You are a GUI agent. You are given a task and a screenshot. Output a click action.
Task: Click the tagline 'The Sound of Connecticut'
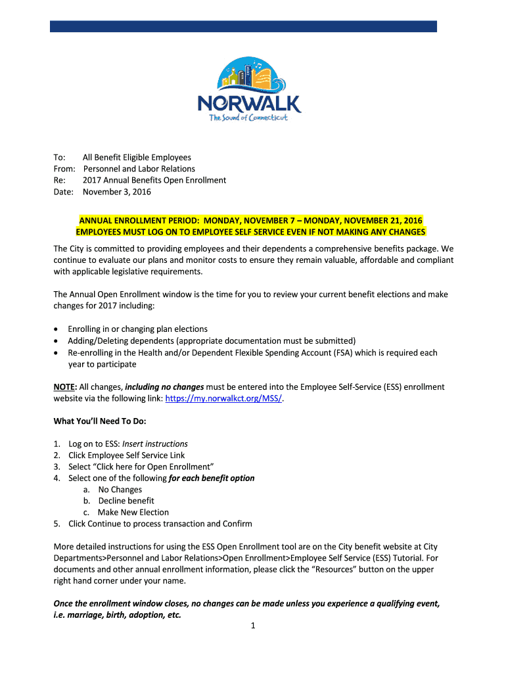248,118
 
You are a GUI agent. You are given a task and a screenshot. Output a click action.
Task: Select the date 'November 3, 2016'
117,192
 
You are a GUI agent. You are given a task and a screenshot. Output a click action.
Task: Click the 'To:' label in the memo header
59,158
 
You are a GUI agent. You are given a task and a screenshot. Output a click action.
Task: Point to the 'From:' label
64,169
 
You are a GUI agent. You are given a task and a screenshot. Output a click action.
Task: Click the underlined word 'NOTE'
64,387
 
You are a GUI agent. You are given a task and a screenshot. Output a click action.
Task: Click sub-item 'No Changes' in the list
120,490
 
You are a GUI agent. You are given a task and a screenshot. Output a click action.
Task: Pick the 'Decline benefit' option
126,501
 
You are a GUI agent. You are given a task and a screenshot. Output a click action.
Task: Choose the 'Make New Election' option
133,513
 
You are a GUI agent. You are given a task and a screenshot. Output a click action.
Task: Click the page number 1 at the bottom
252,626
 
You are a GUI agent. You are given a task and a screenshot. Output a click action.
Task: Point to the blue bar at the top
244,26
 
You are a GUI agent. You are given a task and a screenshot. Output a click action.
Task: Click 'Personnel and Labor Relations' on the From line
139,169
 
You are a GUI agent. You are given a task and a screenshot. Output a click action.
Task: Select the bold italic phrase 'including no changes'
164,387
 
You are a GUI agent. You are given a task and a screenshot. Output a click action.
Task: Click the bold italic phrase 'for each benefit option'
212,478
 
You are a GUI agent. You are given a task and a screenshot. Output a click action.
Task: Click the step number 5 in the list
57,524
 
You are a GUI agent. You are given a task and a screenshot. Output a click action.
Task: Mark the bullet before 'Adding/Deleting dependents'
59,341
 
